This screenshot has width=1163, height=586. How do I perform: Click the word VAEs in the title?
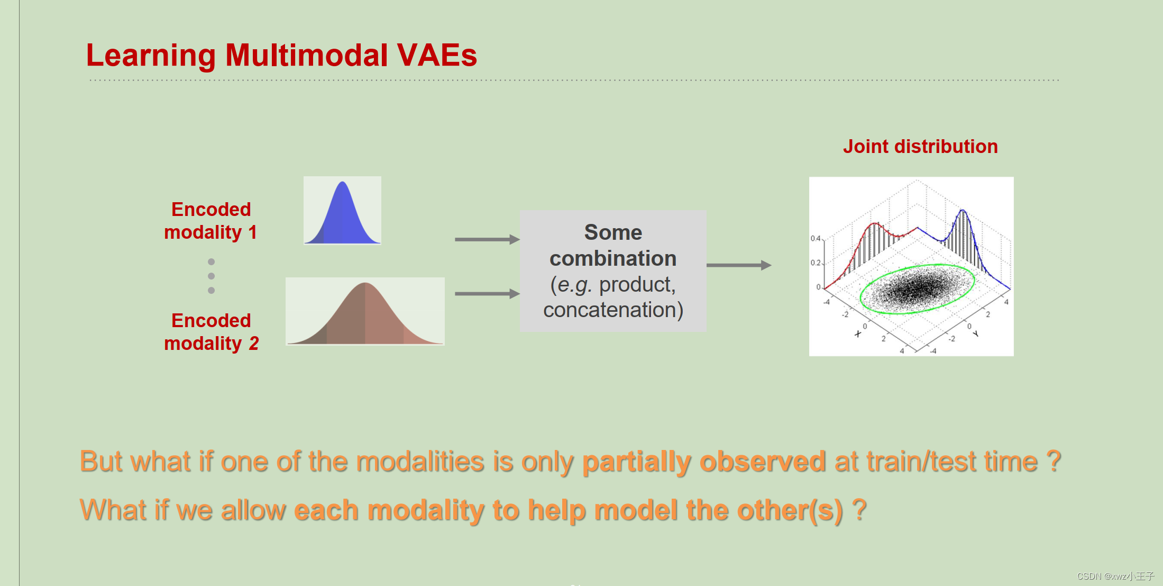(437, 55)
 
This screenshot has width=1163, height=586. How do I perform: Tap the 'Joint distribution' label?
(920, 147)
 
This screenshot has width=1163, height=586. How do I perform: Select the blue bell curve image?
(342, 211)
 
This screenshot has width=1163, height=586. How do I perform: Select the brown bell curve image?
(365, 312)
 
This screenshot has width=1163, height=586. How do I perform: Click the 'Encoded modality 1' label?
(210, 221)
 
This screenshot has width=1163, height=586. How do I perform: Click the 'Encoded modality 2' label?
(210, 332)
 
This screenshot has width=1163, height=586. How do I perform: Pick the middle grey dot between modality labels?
(212, 276)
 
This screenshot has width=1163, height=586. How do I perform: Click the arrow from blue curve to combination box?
(487, 240)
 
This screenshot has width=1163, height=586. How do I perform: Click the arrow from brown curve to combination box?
(487, 294)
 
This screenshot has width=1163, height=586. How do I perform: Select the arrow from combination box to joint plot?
(738, 265)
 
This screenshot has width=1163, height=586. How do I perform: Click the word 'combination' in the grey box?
(613, 258)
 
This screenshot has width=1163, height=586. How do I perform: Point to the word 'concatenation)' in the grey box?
(613, 310)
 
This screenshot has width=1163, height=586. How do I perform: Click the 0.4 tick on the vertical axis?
(816, 239)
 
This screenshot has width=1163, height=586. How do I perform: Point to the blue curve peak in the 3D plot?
(963, 211)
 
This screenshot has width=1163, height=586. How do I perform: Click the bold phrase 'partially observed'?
(703, 462)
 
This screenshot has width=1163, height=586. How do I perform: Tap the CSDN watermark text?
(1115, 576)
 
